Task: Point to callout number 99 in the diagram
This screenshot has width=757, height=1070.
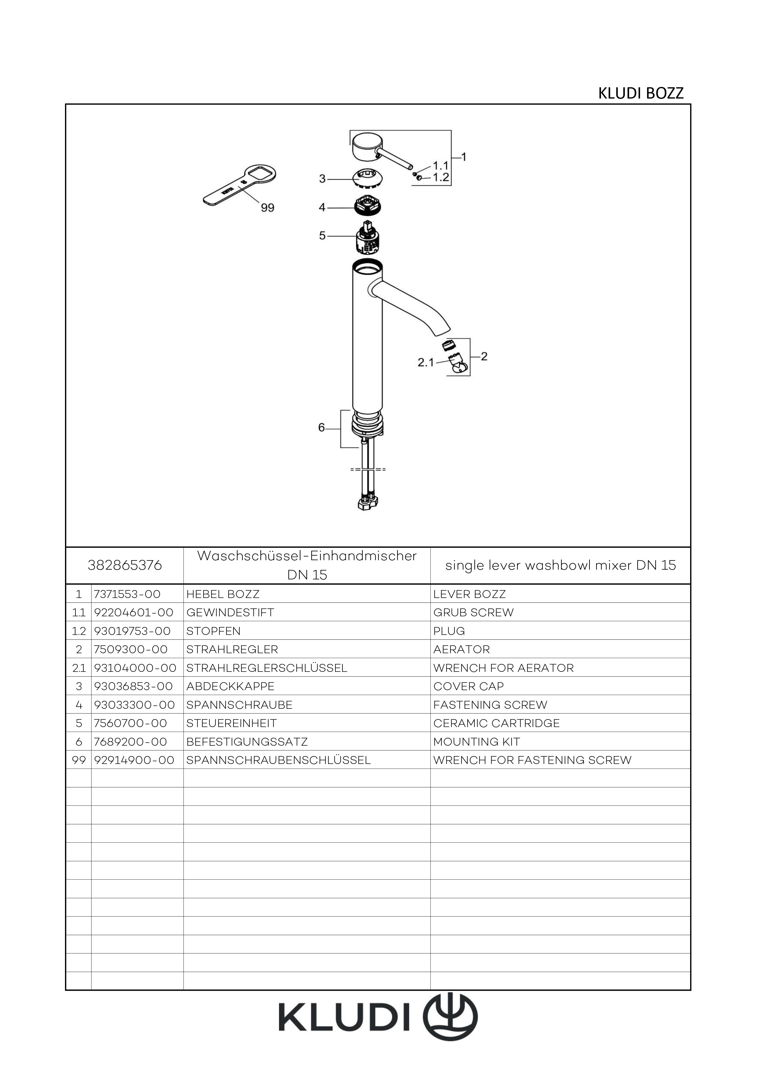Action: click(268, 208)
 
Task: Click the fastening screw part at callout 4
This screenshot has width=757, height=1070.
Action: click(369, 206)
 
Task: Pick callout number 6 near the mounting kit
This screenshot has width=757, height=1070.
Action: click(321, 427)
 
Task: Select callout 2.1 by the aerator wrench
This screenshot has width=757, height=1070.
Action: click(426, 362)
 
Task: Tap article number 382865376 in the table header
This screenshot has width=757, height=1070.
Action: click(125, 565)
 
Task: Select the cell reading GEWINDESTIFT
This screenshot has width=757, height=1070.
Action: click(230, 612)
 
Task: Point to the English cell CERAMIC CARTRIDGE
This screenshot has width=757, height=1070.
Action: click(496, 723)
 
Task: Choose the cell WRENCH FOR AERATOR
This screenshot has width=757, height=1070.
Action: click(503, 668)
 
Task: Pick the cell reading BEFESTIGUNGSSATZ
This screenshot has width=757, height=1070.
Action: click(247, 741)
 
